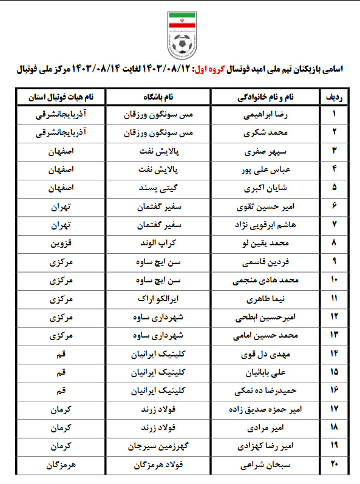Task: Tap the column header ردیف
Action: pos(333,97)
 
